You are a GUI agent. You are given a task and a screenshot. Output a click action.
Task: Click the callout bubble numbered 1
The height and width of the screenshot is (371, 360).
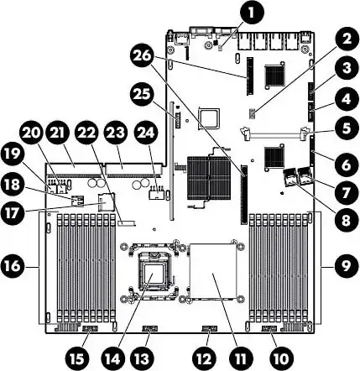pyautogui.click(x=252, y=13)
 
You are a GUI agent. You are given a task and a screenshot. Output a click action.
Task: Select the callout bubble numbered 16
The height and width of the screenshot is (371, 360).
pyautogui.click(x=13, y=265)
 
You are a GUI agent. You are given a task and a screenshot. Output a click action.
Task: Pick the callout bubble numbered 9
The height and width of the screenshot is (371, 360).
pyautogui.click(x=346, y=265)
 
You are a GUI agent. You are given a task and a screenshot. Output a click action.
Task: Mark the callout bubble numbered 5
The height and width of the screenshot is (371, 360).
pyautogui.click(x=347, y=129)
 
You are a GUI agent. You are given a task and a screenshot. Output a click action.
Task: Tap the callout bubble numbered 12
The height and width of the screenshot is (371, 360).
pyautogui.click(x=205, y=358)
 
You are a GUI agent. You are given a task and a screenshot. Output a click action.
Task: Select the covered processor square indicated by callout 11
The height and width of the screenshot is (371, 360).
pyautogui.click(x=213, y=270)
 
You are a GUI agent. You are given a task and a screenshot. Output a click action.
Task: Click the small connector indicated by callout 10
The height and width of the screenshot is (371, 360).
pyautogui.click(x=269, y=329)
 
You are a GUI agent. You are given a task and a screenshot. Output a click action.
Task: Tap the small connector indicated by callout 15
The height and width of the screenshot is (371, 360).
pyautogui.click(x=91, y=328)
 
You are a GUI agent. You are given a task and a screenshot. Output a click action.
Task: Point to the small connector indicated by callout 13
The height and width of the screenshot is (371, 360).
pyautogui.click(x=150, y=328)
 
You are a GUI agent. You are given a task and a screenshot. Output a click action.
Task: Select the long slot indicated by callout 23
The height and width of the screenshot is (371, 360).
pyautogui.click(x=134, y=169)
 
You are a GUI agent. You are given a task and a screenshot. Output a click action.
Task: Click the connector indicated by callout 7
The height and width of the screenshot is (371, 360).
pyautogui.click(x=305, y=175)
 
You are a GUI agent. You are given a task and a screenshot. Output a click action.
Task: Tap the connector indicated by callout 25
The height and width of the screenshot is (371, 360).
pyautogui.click(x=177, y=118)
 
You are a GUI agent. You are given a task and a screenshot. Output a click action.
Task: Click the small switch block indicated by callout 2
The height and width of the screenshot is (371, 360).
pyautogui.click(x=252, y=113)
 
